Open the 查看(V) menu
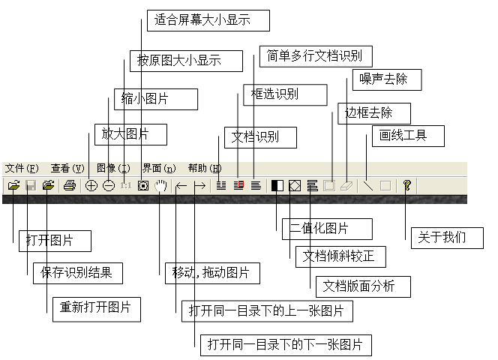(x=67, y=168)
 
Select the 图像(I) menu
(x=113, y=168)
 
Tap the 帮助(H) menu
(x=205, y=168)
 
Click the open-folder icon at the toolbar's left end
(x=13, y=185)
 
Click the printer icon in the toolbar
(x=70, y=185)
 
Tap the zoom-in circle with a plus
(x=91, y=185)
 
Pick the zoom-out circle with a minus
(x=109, y=185)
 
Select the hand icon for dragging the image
(x=160, y=185)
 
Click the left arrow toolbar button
(x=181, y=185)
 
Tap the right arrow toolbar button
(x=199, y=185)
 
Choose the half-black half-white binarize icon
(x=277, y=185)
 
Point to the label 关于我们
(x=448, y=238)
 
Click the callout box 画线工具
(x=409, y=136)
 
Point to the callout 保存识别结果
(x=77, y=273)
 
